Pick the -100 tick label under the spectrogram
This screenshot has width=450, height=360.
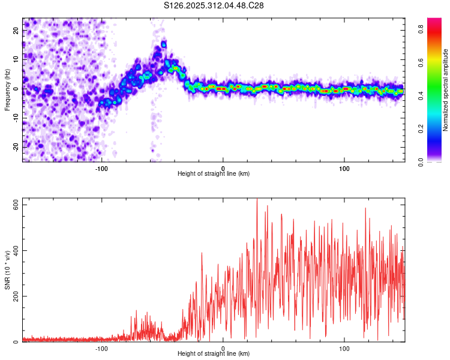point(101,168)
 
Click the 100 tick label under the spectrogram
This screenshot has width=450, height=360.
point(344,168)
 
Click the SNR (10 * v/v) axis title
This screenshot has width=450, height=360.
point(8,270)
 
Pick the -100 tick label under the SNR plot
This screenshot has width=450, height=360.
point(101,348)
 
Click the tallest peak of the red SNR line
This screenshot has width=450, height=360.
point(257,199)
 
